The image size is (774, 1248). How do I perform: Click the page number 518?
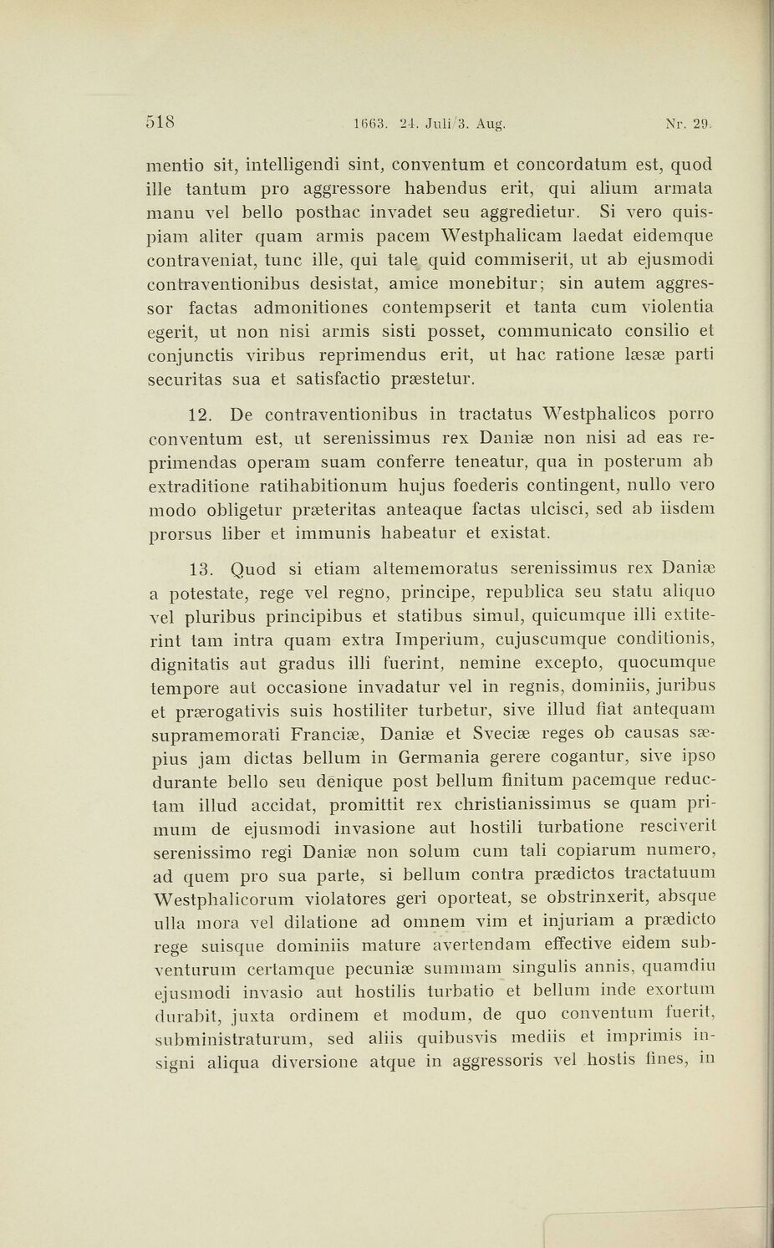[x=160, y=122]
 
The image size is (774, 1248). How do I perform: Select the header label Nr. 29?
[x=688, y=125]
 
